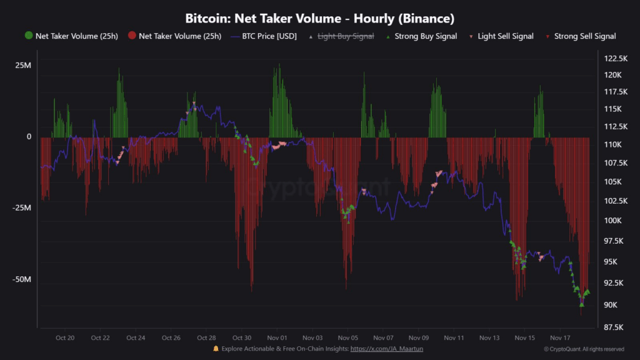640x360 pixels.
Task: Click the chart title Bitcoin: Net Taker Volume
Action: (x=319, y=18)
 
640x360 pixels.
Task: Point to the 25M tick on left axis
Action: (x=24, y=65)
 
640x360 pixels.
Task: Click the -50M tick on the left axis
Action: (x=22, y=279)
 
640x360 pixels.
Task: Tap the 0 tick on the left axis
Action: (x=29, y=137)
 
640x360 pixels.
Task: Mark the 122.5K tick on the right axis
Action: (x=616, y=58)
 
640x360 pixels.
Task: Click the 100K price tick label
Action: (x=613, y=221)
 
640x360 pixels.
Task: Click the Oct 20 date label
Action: (x=65, y=337)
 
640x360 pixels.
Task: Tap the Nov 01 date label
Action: (x=276, y=337)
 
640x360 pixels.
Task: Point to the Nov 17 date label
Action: (x=560, y=337)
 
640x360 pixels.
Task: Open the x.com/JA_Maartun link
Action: (x=386, y=349)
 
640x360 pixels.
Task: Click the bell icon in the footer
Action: (x=216, y=348)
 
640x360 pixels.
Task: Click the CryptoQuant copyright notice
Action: (x=583, y=349)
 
